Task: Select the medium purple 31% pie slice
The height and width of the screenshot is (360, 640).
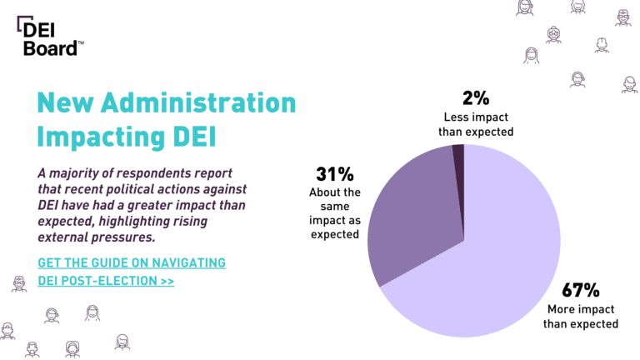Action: tap(412, 220)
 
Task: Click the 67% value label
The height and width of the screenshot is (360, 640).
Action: tap(580, 290)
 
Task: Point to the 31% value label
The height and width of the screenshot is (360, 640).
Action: tap(335, 174)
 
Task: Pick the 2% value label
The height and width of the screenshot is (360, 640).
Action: tap(476, 98)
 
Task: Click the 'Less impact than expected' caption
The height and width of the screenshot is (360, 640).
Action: tap(476, 124)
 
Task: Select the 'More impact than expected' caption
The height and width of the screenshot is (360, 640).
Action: tap(580, 317)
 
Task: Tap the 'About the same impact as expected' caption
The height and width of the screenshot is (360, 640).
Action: tap(335, 213)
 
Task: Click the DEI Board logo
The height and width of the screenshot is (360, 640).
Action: tap(50, 36)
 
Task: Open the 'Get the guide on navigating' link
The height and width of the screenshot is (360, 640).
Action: tap(132, 262)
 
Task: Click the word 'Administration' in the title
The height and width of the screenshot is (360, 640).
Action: tap(198, 102)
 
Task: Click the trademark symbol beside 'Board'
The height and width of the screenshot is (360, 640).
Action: tap(81, 42)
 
